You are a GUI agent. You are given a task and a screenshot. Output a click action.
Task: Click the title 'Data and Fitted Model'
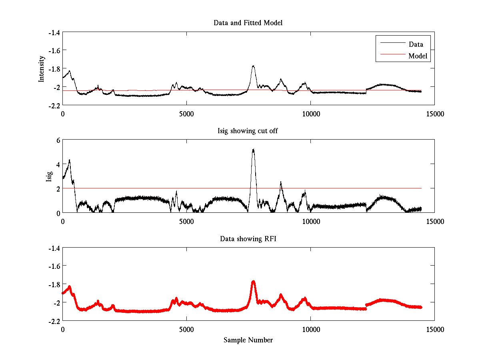point(248,23)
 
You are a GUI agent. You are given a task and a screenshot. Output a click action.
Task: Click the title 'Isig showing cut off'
point(248,131)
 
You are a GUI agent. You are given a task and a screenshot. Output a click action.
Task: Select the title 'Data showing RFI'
point(248,239)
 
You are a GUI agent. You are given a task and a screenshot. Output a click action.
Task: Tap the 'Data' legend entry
point(416,44)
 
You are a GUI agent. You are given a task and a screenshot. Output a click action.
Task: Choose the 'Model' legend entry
point(418,56)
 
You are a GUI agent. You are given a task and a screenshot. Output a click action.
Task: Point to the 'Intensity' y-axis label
point(42,69)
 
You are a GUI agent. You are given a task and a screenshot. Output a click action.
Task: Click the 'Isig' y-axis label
point(49,176)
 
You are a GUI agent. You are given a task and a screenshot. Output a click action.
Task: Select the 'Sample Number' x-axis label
point(248,340)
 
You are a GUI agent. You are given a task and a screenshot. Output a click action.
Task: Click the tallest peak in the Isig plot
point(253,150)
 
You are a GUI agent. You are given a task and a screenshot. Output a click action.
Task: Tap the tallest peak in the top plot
point(253,66)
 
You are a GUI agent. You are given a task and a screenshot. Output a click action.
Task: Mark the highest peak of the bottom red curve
point(253,282)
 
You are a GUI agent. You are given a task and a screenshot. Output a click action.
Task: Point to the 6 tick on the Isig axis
point(58,140)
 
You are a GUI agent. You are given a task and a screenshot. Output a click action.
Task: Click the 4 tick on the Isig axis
point(58,164)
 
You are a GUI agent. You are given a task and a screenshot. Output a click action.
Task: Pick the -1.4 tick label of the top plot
point(54,32)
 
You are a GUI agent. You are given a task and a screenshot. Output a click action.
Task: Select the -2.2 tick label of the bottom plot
point(54,321)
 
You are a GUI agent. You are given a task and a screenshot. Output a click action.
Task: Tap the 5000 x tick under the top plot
point(187,114)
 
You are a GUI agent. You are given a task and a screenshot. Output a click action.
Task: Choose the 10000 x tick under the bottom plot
point(311,330)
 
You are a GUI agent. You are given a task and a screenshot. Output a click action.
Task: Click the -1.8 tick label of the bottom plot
point(54,284)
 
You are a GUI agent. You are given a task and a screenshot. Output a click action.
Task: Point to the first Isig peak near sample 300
point(70,160)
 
